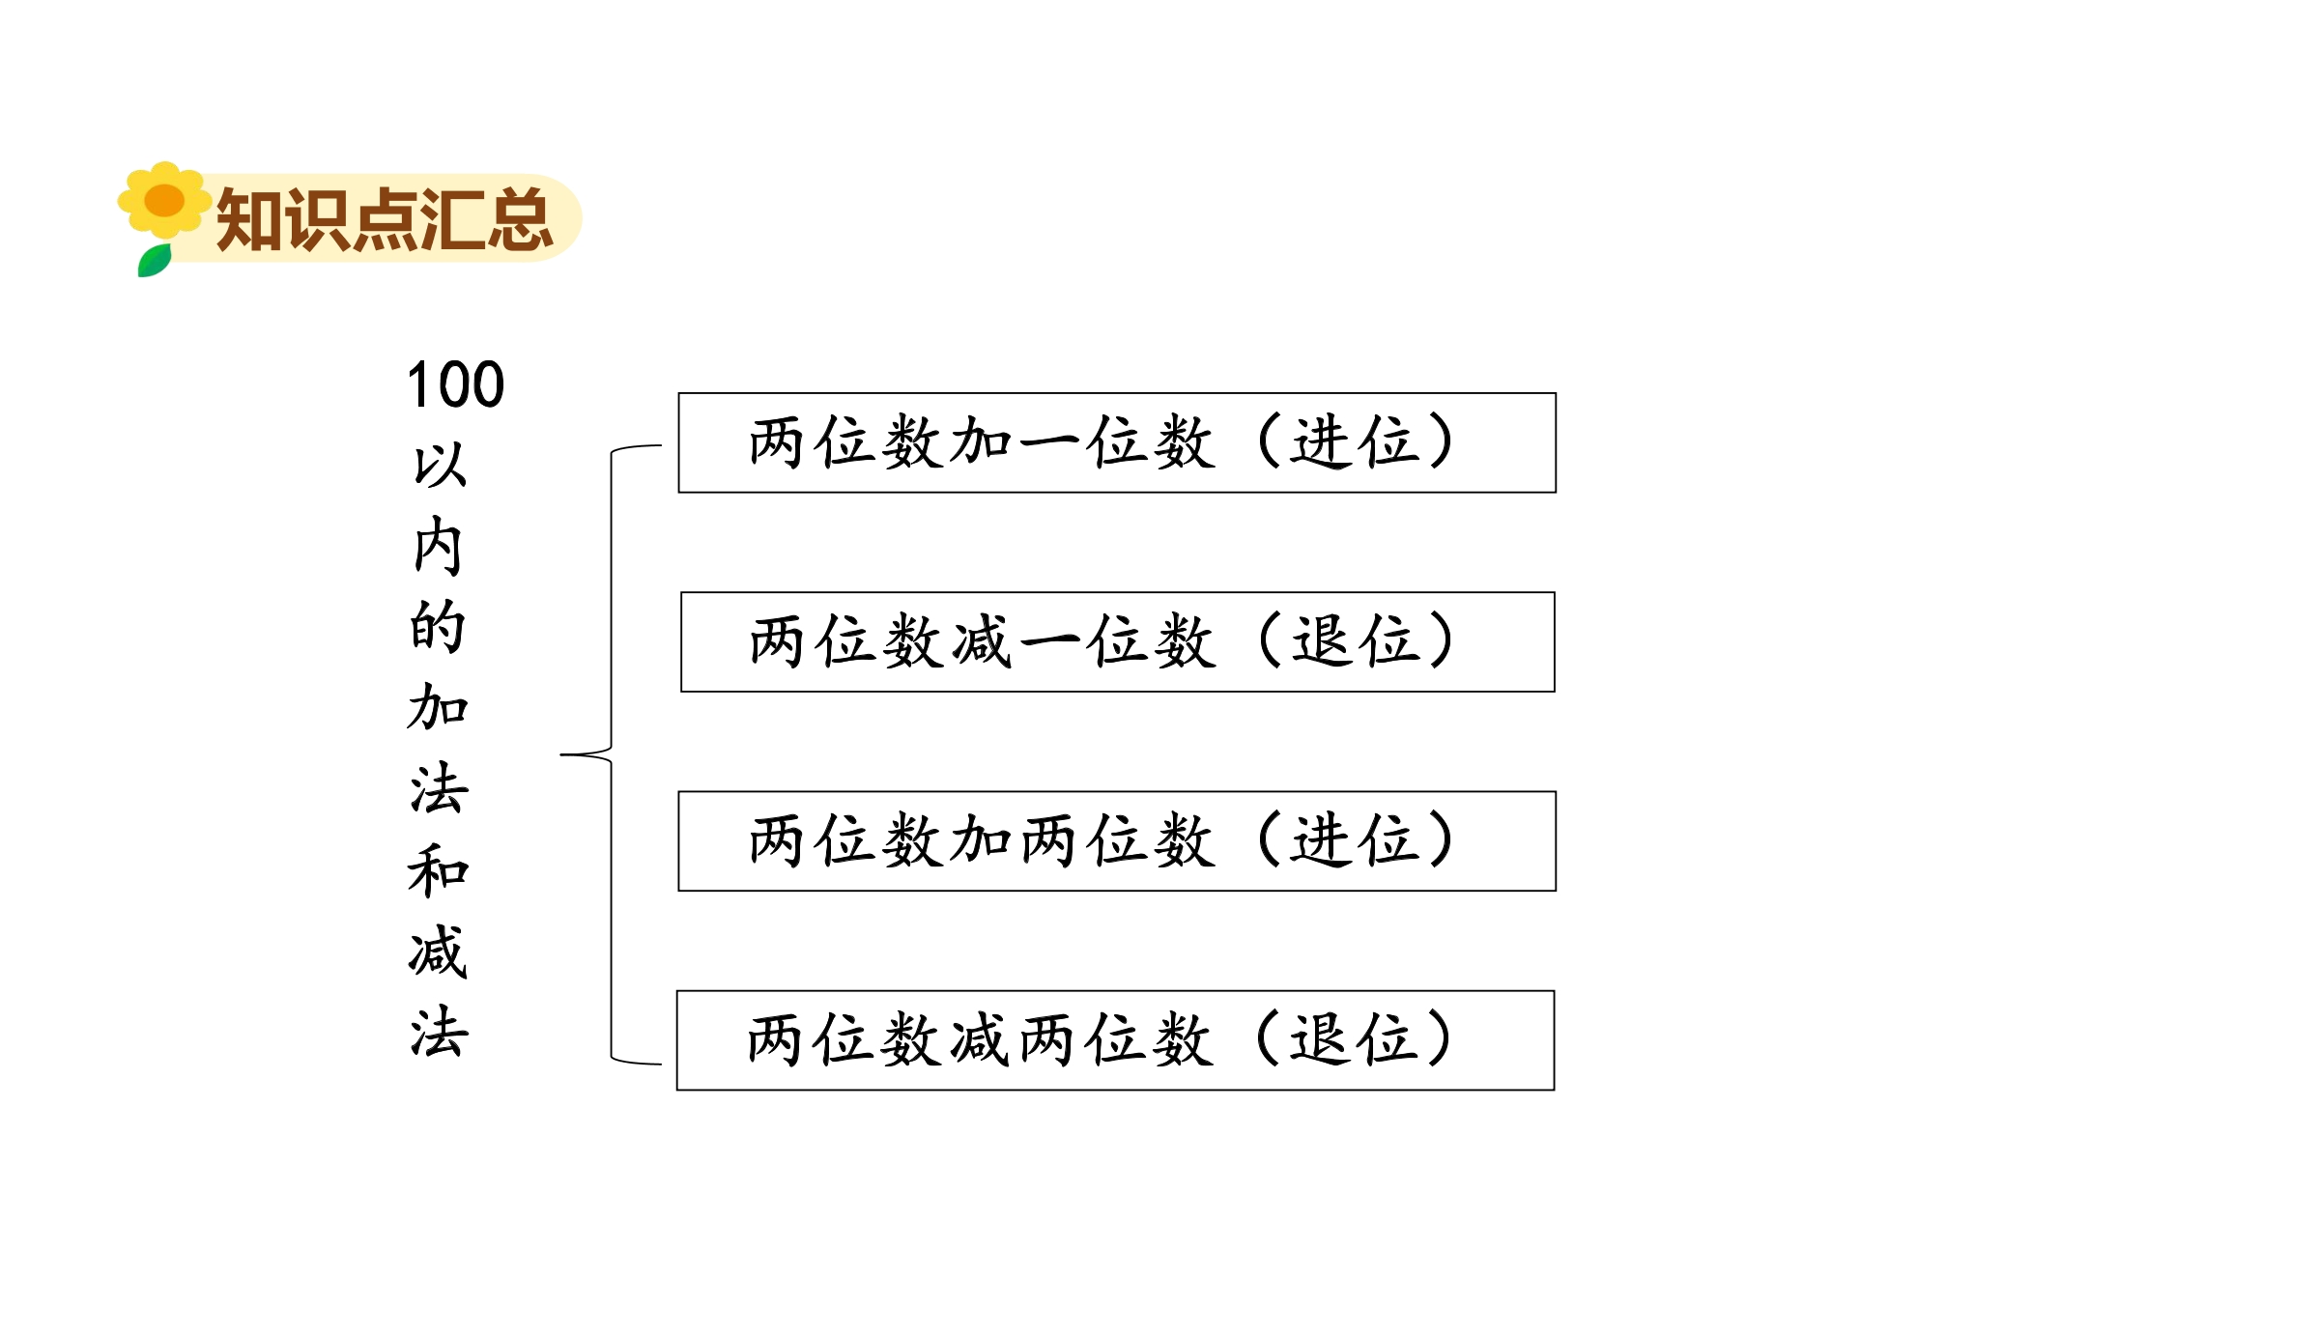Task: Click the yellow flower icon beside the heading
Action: [164, 200]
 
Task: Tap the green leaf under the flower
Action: [155, 261]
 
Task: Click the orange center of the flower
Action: [164, 200]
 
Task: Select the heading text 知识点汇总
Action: [385, 220]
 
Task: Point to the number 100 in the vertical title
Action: [456, 384]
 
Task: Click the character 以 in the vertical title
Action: [440, 466]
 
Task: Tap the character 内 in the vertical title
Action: [439, 546]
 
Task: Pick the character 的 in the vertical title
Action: [439, 627]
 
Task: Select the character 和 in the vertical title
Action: [439, 869]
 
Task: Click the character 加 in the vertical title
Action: [439, 707]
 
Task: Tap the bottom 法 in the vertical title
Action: [440, 1031]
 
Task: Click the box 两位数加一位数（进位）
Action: [1117, 442]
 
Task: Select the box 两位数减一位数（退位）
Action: [1118, 641]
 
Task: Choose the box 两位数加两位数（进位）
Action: [1117, 840]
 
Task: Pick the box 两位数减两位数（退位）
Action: [1116, 1040]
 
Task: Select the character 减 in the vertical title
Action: [439, 951]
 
